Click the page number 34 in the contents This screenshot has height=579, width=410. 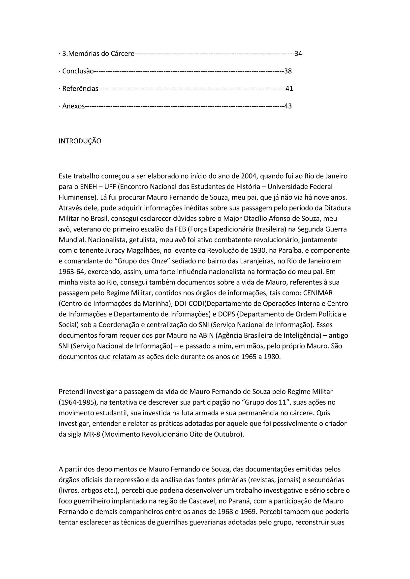point(298,54)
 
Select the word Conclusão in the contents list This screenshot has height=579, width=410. point(78,71)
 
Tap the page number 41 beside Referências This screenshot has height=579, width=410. point(289,89)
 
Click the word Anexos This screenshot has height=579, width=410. point(73,106)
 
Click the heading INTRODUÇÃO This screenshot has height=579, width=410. point(80,141)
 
